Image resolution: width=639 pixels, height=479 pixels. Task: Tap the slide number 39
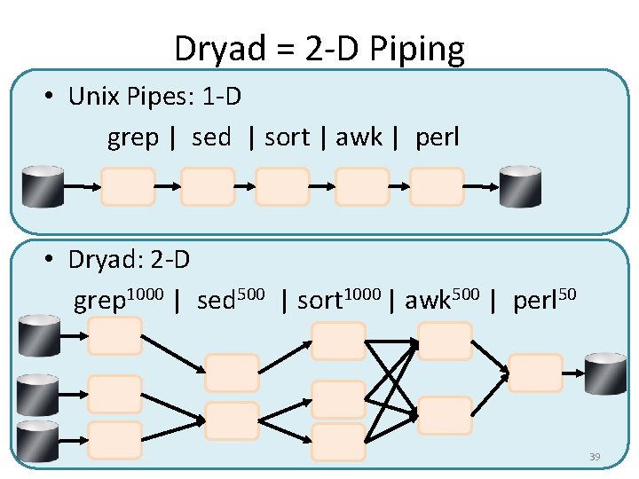[x=595, y=457]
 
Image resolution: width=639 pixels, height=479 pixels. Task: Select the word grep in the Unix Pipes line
[x=133, y=137]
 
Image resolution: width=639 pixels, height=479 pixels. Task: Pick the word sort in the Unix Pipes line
[x=288, y=137]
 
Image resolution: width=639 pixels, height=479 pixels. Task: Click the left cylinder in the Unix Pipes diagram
[x=43, y=186]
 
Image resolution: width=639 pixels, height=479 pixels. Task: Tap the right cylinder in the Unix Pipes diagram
[x=520, y=186]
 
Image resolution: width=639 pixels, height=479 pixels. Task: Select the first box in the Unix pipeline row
[x=128, y=187]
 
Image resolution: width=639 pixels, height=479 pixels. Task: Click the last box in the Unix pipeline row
[x=437, y=187]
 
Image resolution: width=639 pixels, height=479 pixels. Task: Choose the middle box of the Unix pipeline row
[x=283, y=187]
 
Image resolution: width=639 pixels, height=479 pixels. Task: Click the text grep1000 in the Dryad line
[x=118, y=300]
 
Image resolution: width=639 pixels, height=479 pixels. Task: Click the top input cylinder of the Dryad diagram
[x=40, y=335]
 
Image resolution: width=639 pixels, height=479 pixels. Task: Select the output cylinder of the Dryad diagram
[x=605, y=373]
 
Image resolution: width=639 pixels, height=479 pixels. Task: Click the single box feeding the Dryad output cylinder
[x=536, y=373]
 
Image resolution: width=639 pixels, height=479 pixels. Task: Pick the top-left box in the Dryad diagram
[x=115, y=336]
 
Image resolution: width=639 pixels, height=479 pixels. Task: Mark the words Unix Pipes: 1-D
[x=154, y=96]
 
